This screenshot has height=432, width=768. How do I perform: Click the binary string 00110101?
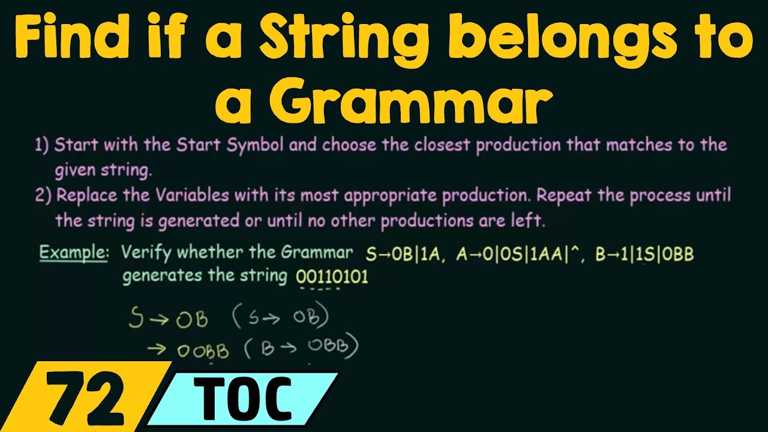point(332,277)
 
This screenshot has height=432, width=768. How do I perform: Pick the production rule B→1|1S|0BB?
point(644,254)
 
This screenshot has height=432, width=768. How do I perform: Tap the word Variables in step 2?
point(191,196)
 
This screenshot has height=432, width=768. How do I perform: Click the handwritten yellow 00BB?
point(203,351)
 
